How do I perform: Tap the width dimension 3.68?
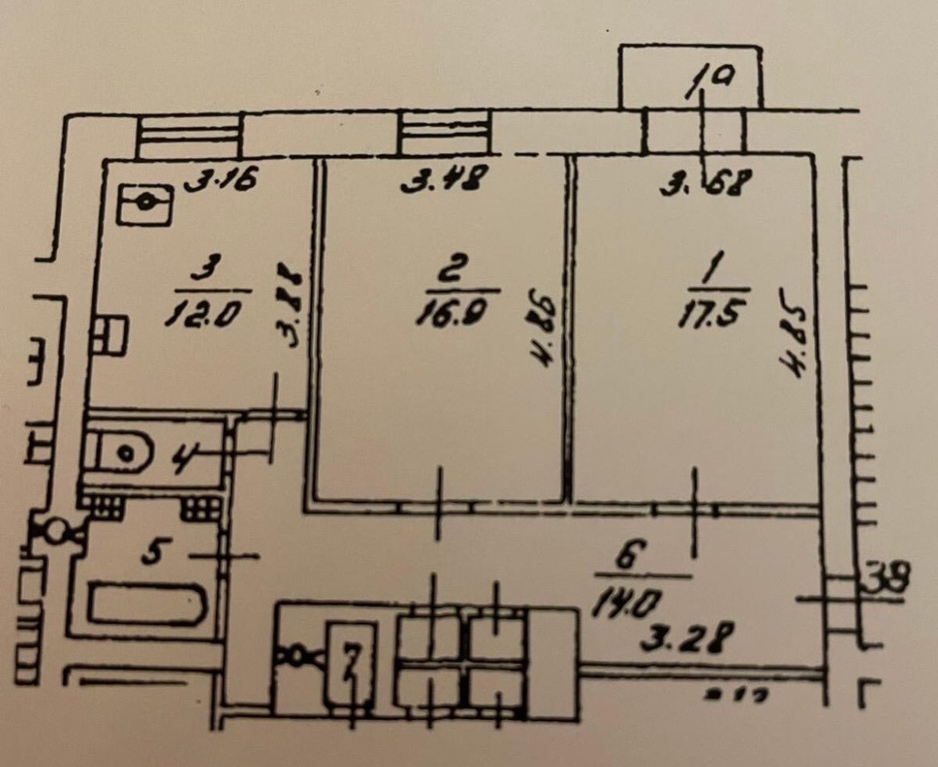point(705,185)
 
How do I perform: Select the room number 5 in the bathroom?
point(150,553)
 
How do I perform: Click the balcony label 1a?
point(706,79)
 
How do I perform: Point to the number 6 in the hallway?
point(630,555)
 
